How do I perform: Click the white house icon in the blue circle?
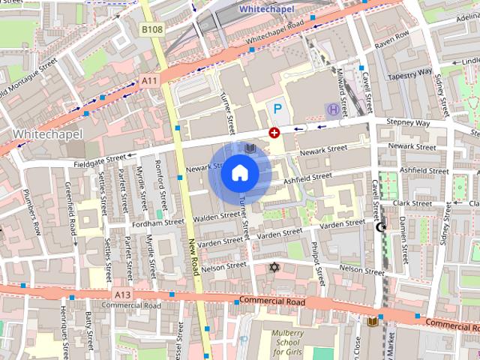240,173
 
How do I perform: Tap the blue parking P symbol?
277,109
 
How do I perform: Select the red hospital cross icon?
274,133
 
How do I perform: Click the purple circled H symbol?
331,109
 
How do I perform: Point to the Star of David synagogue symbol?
274,267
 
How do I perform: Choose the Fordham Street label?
158,223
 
